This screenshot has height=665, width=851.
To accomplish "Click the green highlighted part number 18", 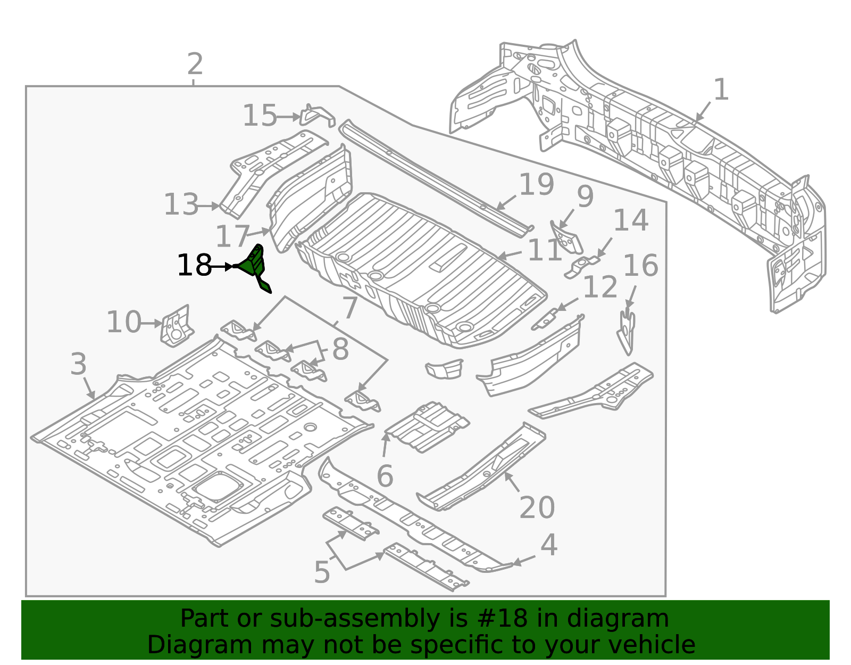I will (x=254, y=266).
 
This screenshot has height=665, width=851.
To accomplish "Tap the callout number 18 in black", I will (x=194, y=266).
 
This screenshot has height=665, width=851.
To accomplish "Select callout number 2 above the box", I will (x=195, y=64).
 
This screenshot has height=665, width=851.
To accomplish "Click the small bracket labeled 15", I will (x=317, y=116).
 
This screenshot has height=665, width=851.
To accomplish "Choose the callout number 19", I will (x=536, y=185).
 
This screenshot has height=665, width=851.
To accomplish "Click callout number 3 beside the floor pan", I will (x=78, y=365).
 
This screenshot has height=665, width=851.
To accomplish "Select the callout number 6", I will (x=385, y=476).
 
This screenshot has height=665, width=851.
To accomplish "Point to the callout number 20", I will (x=537, y=507).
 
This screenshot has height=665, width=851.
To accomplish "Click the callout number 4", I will (x=548, y=545).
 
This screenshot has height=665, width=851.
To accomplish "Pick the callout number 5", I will (x=322, y=572).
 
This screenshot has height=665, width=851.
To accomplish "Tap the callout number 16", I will (x=640, y=266).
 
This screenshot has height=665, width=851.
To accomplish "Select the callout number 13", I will (x=181, y=205).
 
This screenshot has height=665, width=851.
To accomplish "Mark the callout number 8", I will (x=340, y=350).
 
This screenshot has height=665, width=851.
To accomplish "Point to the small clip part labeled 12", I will (x=546, y=319).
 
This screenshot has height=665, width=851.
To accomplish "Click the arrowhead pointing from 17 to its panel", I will (x=267, y=230).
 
